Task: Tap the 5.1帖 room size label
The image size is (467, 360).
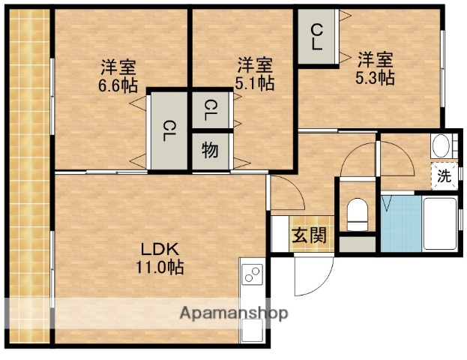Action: coord(254,83)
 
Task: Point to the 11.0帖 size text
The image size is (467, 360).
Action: coord(160,266)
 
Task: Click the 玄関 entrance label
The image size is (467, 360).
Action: coord(309,235)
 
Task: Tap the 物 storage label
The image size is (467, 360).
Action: coord(210,150)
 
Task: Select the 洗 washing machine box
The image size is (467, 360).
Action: coord(444,177)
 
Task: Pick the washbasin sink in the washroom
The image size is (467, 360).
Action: coord(442,145)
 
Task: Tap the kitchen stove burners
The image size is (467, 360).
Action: coord(253,275)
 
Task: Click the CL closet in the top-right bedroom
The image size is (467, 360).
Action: coord(317,37)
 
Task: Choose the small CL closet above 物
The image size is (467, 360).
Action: coord(210,112)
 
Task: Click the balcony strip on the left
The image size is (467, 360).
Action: coord(30,180)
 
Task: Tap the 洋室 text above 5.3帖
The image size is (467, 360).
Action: coord(375,58)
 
